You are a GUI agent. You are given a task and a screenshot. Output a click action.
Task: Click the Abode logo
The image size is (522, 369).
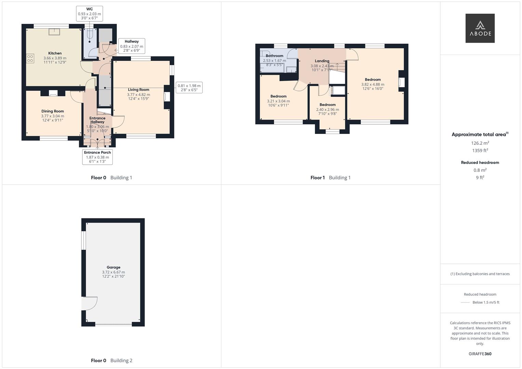[x=480, y=28]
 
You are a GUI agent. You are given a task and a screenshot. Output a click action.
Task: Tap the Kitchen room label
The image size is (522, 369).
[x=55, y=53]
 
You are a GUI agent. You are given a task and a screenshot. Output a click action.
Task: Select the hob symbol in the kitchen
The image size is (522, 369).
[x=30, y=58]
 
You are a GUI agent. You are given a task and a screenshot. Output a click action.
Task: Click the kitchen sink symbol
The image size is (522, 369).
[x=54, y=32]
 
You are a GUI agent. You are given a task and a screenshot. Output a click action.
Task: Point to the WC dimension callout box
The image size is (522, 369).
[x=89, y=14]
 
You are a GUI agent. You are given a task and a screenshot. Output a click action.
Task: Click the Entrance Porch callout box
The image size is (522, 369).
[x=97, y=157]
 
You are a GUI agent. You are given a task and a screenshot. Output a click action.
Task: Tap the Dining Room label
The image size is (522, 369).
[x=53, y=111]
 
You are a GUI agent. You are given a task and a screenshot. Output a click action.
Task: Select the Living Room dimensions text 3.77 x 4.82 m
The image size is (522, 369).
[x=138, y=95]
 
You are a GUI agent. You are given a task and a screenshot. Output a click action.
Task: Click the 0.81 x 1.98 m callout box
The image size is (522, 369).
[x=189, y=88]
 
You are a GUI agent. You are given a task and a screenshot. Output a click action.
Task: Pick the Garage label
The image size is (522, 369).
[x=113, y=268]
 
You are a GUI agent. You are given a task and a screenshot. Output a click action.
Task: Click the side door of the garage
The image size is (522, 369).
[x=90, y=303]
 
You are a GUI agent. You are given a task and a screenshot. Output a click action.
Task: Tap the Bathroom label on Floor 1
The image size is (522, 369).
[x=275, y=56]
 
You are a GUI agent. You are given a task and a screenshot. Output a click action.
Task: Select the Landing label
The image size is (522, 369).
[x=322, y=61]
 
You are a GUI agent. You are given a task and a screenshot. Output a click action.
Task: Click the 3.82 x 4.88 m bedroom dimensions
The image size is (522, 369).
[x=373, y=84]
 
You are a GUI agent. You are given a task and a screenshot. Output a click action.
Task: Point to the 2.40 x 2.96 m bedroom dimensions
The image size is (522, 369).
[x=327, y=110]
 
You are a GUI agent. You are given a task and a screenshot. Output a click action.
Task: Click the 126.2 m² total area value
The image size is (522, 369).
[x=480, y=143]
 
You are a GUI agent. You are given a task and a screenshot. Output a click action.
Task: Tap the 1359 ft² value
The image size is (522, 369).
[x=480, y=151]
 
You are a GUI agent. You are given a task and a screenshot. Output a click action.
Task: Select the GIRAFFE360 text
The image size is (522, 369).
[x=480, y=354]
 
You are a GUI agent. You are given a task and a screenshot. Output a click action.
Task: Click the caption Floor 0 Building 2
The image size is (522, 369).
[x=111, y=360]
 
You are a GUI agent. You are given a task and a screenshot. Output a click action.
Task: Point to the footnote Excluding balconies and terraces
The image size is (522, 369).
[x=480, y=274]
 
